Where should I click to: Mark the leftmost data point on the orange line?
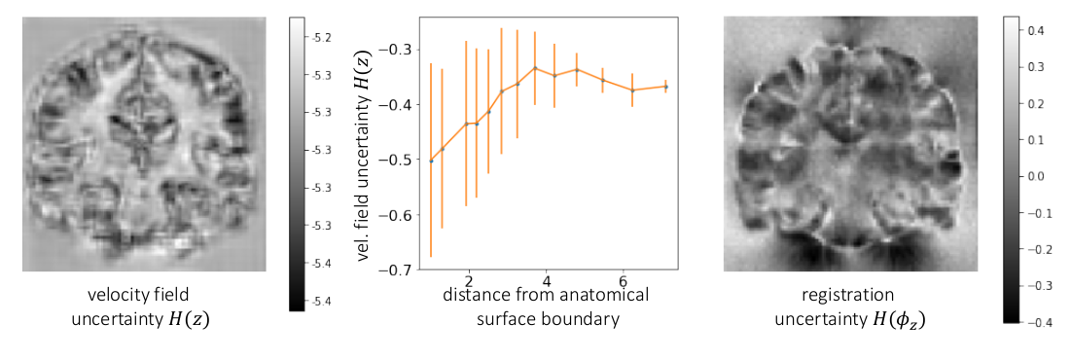click(x=431, y=160)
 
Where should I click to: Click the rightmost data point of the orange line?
click(x=666, y=87)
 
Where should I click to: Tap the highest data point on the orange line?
click(x=535, y=68)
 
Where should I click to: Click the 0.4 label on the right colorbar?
click(x=1037, y=31)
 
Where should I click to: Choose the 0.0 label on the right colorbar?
click(x=1037, y=177)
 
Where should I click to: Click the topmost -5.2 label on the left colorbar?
click(x=321, y=37)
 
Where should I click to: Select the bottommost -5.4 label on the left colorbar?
click(x=321, y=302)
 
